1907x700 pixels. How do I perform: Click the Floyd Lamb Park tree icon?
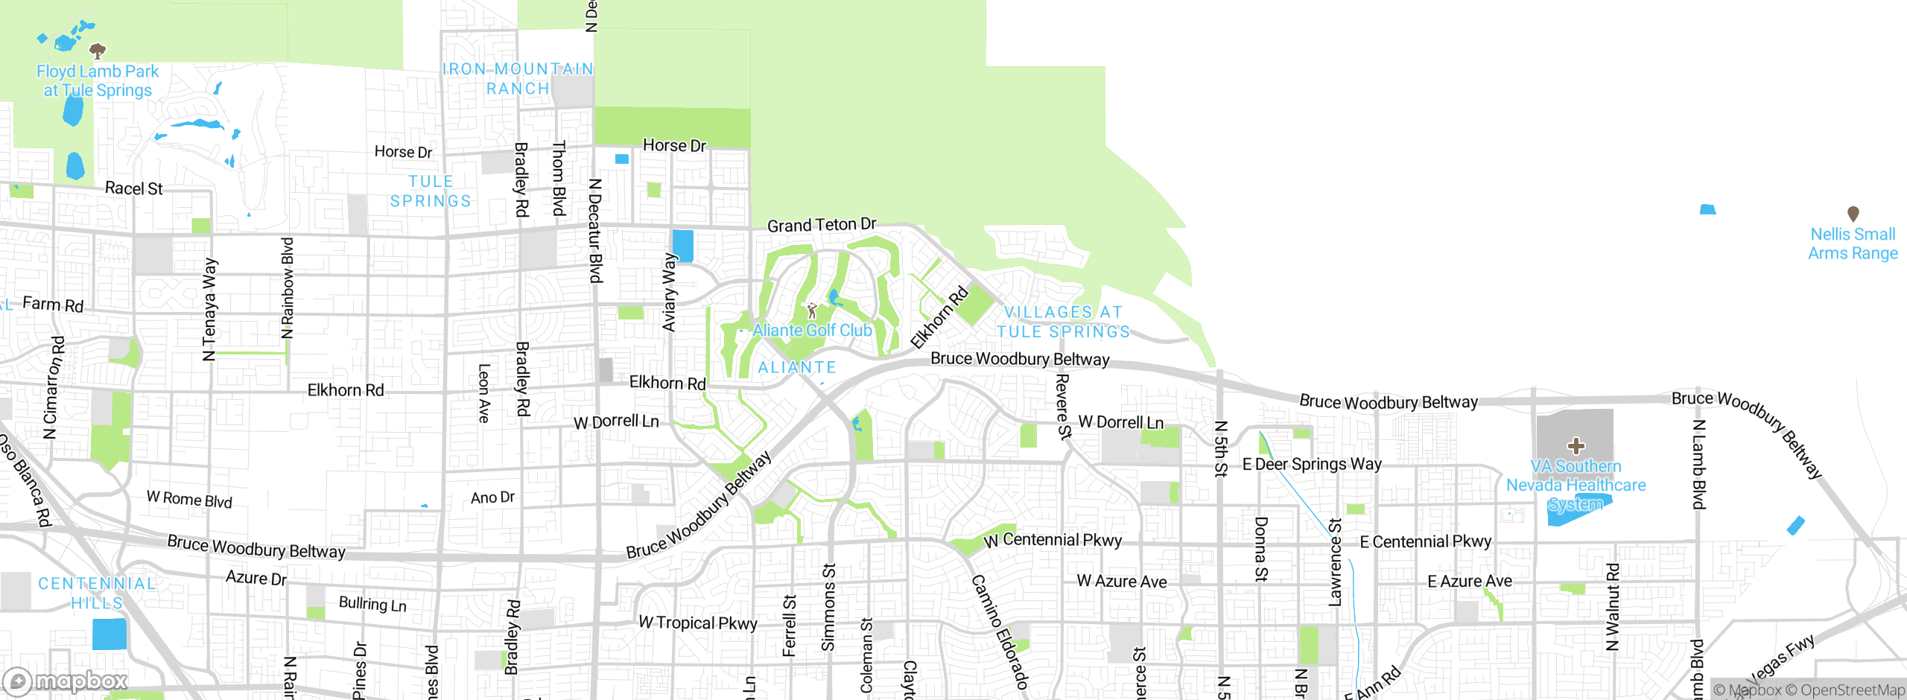tap(98, 51)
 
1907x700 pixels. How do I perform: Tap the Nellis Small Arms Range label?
tap(1853, 244)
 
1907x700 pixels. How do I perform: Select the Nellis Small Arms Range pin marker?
tap(1853, 214)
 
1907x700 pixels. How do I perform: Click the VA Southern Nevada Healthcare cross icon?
tap(1576, 446)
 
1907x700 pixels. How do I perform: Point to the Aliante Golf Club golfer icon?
tap(812, 311)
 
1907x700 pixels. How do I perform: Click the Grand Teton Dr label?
tap(822, 224)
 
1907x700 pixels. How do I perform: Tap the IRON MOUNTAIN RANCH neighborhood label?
tap(518, 79)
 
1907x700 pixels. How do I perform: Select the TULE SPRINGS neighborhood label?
tap(431, 191)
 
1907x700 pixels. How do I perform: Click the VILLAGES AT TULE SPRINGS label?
tap(1063, 322)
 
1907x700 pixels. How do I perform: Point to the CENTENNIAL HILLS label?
tap(97, 593)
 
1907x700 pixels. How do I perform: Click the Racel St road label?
tap(133, 188)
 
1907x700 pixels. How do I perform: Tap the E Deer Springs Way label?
tap(1312, 464)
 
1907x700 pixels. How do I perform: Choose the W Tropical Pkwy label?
tap(697, 623)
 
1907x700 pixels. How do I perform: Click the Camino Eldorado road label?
tap(1000, 631)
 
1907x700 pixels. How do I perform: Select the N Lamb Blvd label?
tap(1698, 465)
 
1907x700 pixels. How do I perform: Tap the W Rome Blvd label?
tap(189, 499)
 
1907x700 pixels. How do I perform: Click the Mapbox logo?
tap(66, 681)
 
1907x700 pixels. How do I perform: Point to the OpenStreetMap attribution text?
tap(1844, 690)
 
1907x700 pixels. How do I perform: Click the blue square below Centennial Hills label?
tap(110, 634)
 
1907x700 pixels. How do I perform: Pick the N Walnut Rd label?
tap(1612, 607)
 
